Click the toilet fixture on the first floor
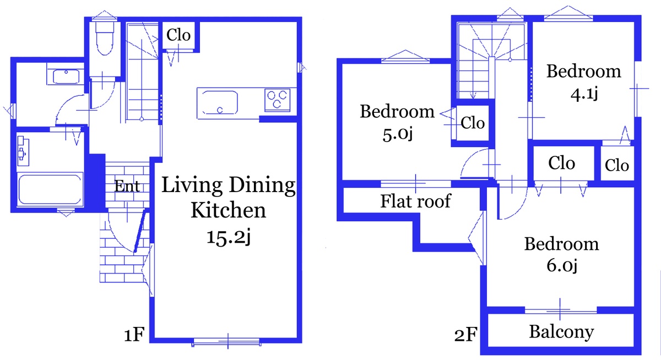click(x=105, y=39)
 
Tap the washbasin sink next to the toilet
click(x=66, y=77)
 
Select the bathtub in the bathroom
click(x=50, y=189)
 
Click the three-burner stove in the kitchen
click(x=277, y=100)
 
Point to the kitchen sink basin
click(x=220, y=102)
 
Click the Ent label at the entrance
click(x=127, y=187)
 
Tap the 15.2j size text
click(x=229, y=237)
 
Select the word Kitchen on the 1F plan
click(x=229, y=210)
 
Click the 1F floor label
click(x=134, y=335)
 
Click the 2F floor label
click(x=465, y=335)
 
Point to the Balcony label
click(x=561, y=332)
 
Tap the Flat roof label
click(x=416, y=201)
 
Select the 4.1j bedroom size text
click(x=584, y=94)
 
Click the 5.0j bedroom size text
click(x=398, y=134)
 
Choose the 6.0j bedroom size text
click(x=561, y=265)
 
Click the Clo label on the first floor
click(x=178, y=35)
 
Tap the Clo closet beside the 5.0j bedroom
click(x=473, y=123)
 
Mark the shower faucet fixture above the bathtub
click(x=23, y=150)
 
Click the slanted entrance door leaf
click(x=140, y=231)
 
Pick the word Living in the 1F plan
click(x=192, y=185)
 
